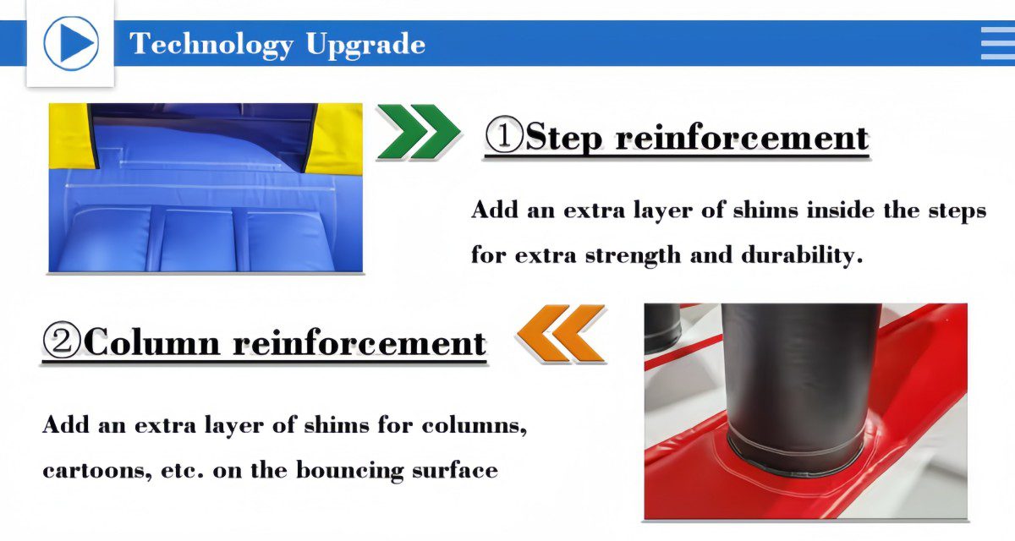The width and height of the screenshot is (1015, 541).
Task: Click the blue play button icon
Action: click(71, 43)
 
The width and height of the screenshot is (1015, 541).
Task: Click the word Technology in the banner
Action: click(211, 44)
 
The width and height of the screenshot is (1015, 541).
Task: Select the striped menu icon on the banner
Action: click(998, 43)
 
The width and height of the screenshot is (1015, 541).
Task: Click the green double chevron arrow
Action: click(418, 132)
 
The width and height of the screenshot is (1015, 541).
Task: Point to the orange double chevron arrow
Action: click(561, 333)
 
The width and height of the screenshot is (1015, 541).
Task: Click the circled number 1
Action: click(504, 134)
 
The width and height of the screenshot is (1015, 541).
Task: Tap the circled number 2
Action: click(61, 340)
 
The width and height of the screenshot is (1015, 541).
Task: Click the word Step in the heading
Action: click(563, 136)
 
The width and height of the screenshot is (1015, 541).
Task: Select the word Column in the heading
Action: click(152, 342)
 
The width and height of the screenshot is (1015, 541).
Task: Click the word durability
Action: click(802, 255)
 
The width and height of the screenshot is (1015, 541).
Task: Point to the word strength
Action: click(633, 256)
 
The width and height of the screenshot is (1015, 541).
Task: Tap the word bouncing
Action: click(349, 470)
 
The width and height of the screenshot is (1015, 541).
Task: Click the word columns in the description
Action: click(474, 425)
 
